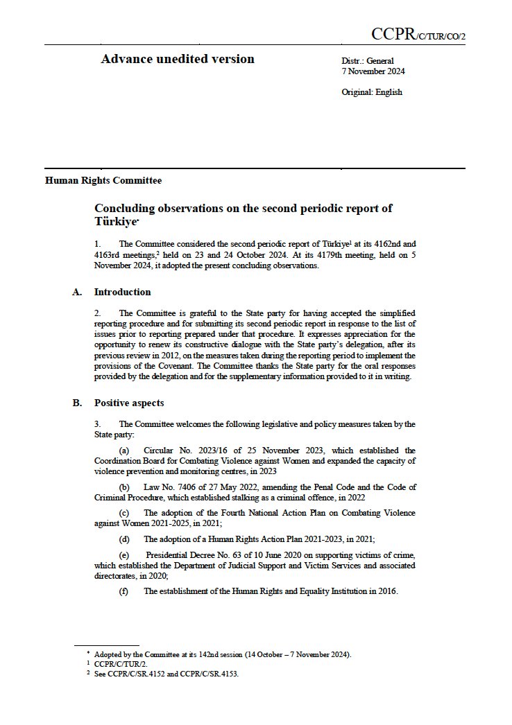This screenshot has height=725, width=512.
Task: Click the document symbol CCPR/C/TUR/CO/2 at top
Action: (418, 35)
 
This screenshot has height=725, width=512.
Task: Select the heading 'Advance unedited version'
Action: (178, 59)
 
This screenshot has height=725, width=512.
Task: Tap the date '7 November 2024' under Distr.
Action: (373, 71)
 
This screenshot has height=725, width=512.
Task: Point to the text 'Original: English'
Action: (372, 92)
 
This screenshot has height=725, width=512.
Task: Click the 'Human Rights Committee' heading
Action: (103, 181)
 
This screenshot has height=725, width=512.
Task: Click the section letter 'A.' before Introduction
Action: (78, 292)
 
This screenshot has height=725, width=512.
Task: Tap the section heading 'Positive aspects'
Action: (129, 403)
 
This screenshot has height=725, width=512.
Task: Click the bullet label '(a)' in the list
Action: (124, 450)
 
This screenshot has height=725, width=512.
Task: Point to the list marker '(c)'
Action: (124, 512)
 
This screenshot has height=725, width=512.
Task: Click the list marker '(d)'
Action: (124, 539)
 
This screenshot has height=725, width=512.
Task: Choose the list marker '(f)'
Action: (124, 591)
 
